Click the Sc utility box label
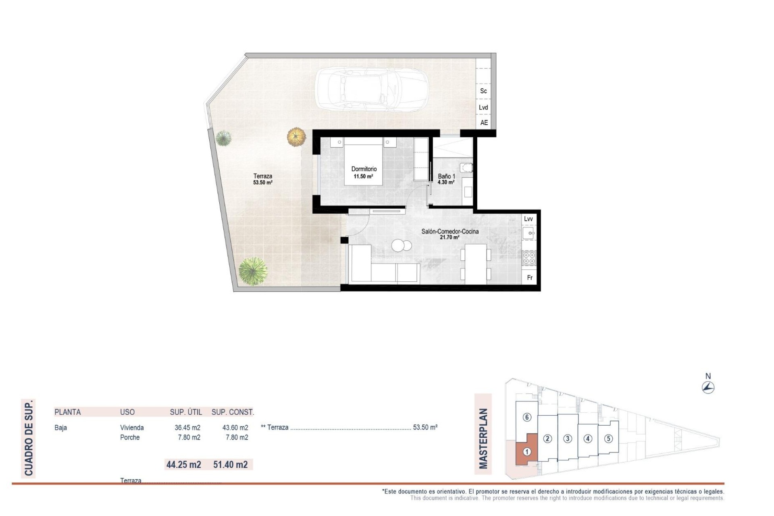click(x=483, y=91)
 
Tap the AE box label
click(x=484, y=123)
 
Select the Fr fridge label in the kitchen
click(x=530, y=278)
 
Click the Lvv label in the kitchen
click(x=528, y=219)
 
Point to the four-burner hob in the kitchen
click(x=529, y=258)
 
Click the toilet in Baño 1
click(x=466, y=167)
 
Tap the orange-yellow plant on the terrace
click(x=297, y=137)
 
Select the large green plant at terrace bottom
click(x=253, y=271)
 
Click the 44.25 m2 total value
click(x=184, y=464)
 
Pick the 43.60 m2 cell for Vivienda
click(x=235, y=428)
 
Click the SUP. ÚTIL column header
click(x=186, y=412)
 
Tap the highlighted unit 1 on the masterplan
click(x=526, y=452)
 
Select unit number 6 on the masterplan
click(x=527, y=417)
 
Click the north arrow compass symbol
click(x=708, y=388)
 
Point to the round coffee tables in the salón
click(x=402, y=245)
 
